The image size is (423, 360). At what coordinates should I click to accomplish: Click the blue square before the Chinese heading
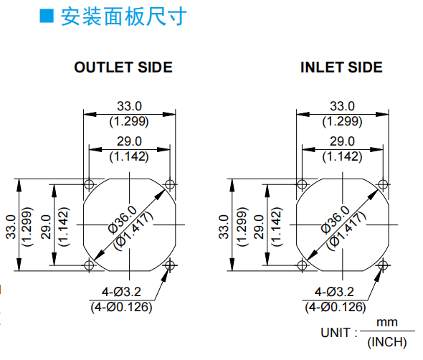point(47,16)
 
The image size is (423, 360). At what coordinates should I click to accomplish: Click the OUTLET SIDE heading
point(123,67)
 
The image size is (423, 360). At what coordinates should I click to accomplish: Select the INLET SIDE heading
point(341,67)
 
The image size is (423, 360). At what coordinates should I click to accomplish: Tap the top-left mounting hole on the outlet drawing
point(89,184)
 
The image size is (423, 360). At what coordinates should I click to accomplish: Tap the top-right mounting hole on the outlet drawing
point(170,184)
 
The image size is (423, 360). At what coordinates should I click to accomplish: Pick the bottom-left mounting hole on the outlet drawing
point(89,265)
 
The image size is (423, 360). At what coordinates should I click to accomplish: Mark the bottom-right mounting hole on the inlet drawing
point(383,265)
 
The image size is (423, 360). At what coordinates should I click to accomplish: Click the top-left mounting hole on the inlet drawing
point(302,184)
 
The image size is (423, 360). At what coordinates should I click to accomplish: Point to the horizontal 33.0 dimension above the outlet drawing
point(129,106)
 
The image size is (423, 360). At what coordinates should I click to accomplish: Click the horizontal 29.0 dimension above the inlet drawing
point(342,141)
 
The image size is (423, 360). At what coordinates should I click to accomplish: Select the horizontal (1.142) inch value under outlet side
point(129,156)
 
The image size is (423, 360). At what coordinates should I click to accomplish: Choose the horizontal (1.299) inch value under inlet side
point(342,121)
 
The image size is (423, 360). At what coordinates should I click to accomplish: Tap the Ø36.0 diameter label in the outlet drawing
point(123,219)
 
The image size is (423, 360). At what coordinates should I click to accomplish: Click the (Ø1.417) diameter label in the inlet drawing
point(346,231)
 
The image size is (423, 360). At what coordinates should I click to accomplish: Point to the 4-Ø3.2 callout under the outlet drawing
point(121,292)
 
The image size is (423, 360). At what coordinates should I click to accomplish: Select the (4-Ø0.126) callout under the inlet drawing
point(336,307)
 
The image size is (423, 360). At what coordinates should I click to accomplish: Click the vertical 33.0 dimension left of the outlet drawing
point(11,227)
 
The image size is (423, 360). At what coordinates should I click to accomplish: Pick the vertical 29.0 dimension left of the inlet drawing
point(259,227)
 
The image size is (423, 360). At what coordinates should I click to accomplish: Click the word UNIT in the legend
point(336,333)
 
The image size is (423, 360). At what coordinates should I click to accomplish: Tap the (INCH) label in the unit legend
point(387,342)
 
